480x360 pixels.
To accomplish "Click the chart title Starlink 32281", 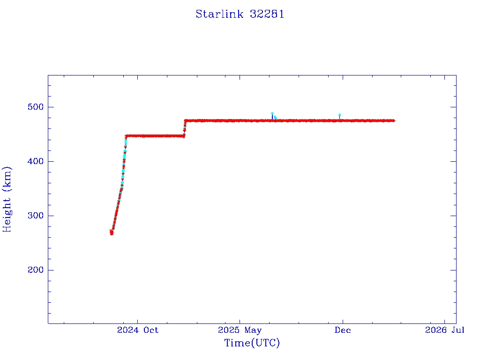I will [240, 14].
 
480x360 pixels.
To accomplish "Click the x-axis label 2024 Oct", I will [138, 330].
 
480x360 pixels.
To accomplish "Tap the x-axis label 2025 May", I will [240, 330].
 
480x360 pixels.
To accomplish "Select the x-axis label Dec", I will [343, 330].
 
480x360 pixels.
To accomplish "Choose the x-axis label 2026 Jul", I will [445, 330].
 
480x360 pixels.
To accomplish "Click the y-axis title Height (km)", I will [7, 199].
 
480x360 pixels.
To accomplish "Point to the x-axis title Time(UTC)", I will [252, 343].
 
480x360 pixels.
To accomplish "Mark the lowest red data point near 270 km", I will [112, 233].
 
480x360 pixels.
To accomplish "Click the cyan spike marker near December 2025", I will [339, 115].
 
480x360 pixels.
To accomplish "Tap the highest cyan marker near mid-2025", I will [272, 113].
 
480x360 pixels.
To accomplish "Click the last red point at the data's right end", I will [393, 120].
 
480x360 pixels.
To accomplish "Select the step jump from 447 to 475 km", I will [185, 128].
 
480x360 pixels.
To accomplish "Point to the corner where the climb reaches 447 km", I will [126, 136].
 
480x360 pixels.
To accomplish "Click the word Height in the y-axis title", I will [7, 214].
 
